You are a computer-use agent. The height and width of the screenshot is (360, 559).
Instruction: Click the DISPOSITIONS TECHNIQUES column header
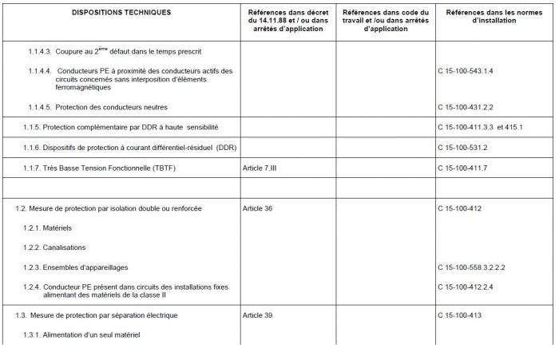tap(121, 13)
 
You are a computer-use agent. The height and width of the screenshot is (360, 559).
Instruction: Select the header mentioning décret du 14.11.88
tap(285, 21)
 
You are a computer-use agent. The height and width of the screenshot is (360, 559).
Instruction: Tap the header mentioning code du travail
tap(385, 21)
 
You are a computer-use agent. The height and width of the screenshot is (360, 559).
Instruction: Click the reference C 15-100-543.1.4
tap(466, 71)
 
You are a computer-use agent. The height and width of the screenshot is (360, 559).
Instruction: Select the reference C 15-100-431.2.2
tap(466, 107)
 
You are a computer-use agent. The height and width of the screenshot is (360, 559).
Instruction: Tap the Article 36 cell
tap(257, 208)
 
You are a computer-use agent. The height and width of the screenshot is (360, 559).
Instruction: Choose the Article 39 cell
tap(257, 315)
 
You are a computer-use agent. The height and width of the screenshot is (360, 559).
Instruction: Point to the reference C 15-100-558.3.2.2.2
tap(471, 267)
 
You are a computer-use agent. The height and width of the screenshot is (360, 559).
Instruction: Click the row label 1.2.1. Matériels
tap(47, 228)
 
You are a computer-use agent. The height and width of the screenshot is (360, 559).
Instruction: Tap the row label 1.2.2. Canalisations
tap(54, 247)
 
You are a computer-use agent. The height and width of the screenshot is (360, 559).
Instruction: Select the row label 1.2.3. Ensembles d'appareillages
tap(75, 267)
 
